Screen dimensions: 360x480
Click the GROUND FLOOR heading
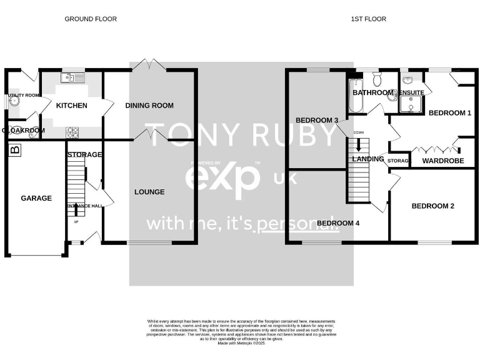pos(91,19)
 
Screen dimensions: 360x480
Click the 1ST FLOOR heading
pos(368,19)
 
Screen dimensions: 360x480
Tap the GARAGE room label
pos(36,198)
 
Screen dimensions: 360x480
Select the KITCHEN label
pos(72,106)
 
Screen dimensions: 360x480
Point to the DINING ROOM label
pos(149,106)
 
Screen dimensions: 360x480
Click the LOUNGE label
pos(149,192)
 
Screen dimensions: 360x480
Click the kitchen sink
pos(72,78)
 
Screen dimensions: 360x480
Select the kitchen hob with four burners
pos(72,132)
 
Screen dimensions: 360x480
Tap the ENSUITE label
pos(412,92)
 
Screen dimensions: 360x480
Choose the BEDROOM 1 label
pos(451,113)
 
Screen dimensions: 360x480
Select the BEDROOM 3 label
pos(317,120)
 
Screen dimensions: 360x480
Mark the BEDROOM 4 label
pos(337,222)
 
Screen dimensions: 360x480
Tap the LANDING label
pos(368,159)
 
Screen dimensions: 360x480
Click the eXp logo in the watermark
pos(222,176)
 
